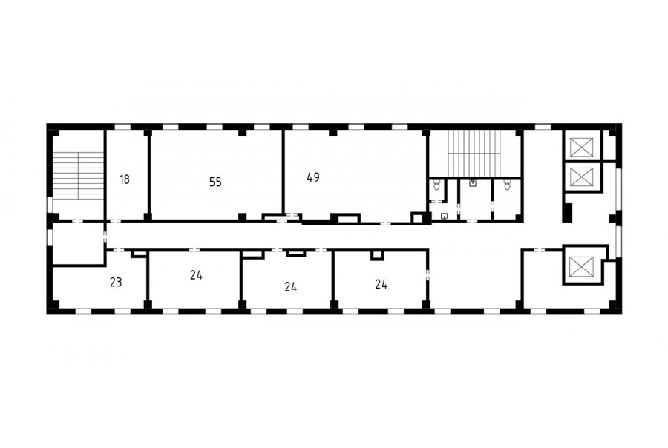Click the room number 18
(x=125, y=179)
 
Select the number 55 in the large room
(x=215, y=182)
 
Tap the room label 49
(x=313, y=177)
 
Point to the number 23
(x=116, y=282)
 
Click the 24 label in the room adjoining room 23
(x=197, y=275)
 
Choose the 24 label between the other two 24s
(x=291, y=287)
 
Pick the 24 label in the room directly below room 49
(x=382, y=284)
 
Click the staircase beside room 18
(x=79, y=176)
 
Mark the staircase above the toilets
(x=474, y=151)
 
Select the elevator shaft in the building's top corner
(x=581, y=147)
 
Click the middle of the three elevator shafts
(x=581, y=177)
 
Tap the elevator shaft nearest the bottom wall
(x=581, y=266)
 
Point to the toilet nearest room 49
(x=436, y=185)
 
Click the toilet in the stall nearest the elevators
(x=507, y=185)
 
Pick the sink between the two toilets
(x=473, y=183)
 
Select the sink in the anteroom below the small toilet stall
(x=445, y=216)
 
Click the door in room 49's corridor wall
(x=385, y=223)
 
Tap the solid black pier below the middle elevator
(x=568, y=212)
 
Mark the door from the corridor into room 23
(x=119, y=250)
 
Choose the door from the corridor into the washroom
(x=473, y=221)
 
